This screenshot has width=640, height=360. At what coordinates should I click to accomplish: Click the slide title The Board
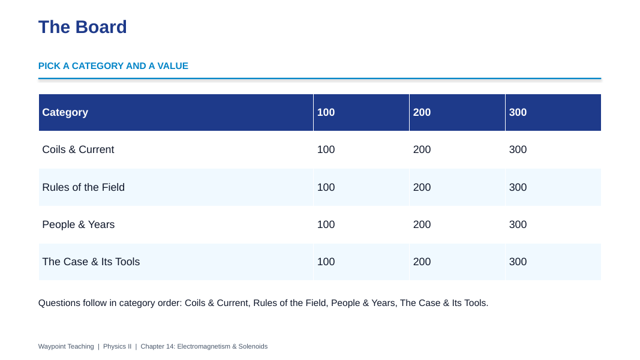click(x=82, y=27)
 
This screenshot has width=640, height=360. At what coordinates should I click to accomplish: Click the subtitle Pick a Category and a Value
click(x=113, y=66)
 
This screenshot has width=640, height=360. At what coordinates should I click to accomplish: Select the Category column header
click(x=65, y=112)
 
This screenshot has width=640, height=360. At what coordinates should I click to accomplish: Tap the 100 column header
click(x=326, y=112)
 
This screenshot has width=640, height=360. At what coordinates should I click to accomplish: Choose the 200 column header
click(x=422, y=112)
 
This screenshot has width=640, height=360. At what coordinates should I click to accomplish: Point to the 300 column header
click(x=518, y=112)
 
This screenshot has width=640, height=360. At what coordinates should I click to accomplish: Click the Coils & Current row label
click(x=78, y=149)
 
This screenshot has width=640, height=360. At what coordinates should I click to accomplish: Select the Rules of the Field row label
click(x=83, y=187)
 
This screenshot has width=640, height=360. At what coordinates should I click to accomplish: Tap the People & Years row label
click(x=79, y=224)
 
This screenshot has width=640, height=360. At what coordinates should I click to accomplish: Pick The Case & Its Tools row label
click(x=91, y=262)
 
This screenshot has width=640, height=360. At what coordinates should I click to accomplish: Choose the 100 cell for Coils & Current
click(x=326, y=149)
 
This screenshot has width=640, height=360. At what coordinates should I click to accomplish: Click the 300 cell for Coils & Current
click(x=518, y=149)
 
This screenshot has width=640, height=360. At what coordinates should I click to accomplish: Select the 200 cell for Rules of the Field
click(x=422, y=187)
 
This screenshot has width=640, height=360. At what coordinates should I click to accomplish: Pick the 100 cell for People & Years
click(x=326, y=224)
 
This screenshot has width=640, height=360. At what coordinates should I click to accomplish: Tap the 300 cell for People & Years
click(x=518, y=224)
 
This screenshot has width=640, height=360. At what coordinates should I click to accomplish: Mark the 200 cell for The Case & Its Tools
click(x=422, y=262)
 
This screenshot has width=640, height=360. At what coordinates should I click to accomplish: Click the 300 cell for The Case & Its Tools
click(x=518, y=262)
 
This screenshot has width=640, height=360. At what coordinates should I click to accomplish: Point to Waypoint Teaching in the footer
click(x=66, y=346)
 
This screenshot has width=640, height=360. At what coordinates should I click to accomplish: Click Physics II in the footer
click(x=117, y=346)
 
